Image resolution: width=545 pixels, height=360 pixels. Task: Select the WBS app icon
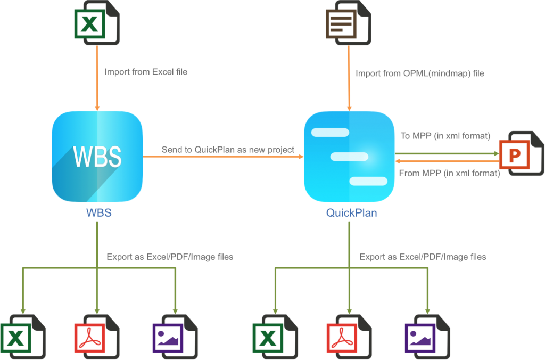97,157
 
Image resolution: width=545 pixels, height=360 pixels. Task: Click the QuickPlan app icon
349,157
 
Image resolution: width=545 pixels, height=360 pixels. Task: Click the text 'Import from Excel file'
146,72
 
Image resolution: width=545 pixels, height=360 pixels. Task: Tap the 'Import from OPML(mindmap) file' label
420,73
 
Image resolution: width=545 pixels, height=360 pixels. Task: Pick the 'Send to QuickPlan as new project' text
228,150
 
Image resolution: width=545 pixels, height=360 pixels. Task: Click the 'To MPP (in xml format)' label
445,136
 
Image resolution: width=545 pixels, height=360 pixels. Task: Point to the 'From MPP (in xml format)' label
449,173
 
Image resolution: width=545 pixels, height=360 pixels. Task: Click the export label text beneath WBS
170,257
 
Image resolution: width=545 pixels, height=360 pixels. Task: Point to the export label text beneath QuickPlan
423,257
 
